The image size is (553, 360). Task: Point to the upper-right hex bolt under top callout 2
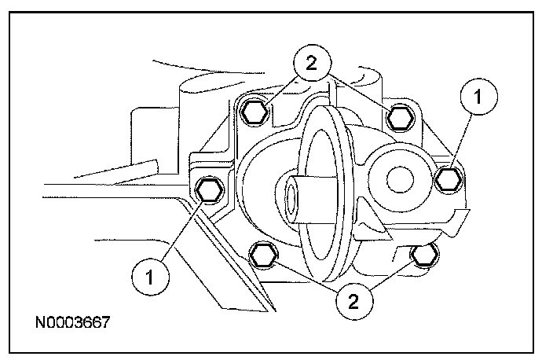[397, 118]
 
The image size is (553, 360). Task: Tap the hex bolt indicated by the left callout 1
[208, 189]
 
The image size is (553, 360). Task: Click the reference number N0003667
[71, 323]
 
